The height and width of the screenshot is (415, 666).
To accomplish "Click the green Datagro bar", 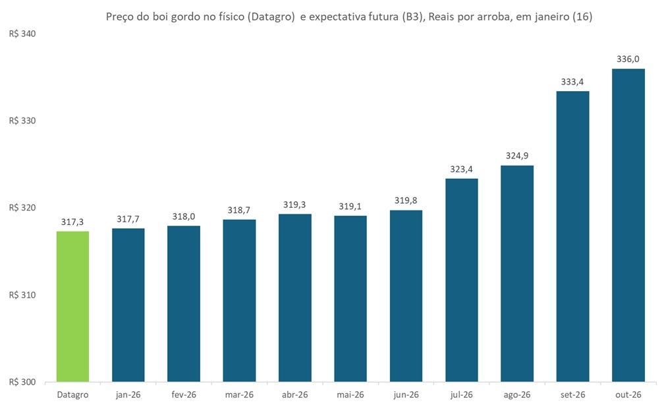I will coord(72,306).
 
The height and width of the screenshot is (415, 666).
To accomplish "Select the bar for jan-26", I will coord(128,305).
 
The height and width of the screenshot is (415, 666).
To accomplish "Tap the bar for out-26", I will coord(628,225).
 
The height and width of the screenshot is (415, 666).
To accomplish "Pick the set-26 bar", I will coord(572,236).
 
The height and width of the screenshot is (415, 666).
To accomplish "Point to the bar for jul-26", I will coord(461,280).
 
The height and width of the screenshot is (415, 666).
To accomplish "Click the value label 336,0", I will coord(628,59).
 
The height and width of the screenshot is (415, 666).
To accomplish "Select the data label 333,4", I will coord(572,82).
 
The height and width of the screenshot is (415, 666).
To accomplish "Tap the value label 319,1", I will coord(350,206).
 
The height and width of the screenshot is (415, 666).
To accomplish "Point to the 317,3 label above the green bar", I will coord(72,222).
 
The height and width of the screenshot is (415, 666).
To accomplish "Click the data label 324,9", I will coord(517,156).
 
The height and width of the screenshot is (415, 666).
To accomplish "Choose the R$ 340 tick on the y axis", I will coord(22,34).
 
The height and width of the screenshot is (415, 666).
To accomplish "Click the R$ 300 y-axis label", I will coord(22,382).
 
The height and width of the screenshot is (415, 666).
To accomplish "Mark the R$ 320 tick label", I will coord(22,208).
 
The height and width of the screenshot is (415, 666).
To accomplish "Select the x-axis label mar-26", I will coord(239,395).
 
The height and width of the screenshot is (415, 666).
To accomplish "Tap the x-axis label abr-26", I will coord(294,395).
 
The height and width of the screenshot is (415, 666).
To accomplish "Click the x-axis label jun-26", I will coord(406,395).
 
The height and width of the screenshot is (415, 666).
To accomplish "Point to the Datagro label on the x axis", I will coord(72,395).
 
